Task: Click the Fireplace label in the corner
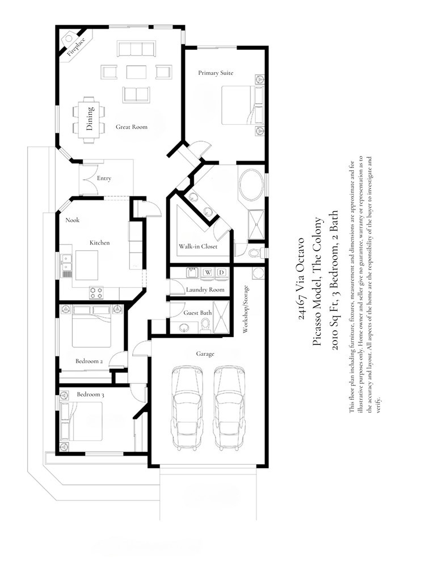click(x=76, y=47)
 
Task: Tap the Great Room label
click(x=132, y=127)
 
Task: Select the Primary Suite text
click(x=216, y=73)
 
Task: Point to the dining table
click(x=89, y=120)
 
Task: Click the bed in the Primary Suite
click(x=242, y=106)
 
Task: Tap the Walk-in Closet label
click(x=198, y=247)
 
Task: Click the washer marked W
click(x=208, y=272)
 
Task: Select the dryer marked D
click(x=221, y=272)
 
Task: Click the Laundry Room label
click(x=205, y=289)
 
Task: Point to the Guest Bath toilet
click(x=206, y=325)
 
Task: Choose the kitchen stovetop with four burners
click(x=96, y=293)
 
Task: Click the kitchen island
click(x=87, y=265)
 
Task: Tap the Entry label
click(x=104, y=178)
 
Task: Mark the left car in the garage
click(x=187, y=407)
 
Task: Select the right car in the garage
click(x=229, y=407)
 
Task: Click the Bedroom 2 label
click(x=89, y=361)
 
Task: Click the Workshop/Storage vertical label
click(x=246, y=309)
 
